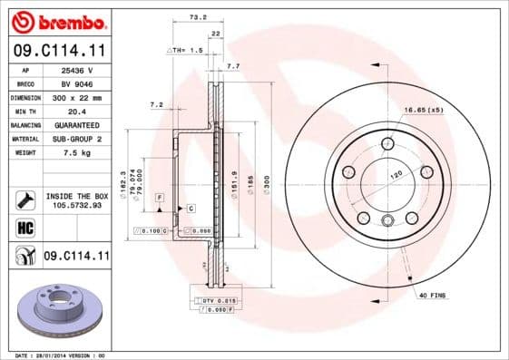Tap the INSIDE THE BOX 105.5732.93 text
pos(76,200)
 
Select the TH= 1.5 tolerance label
pos(185,50)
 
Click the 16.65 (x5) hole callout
pos(422,111)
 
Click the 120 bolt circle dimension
pos(396,172)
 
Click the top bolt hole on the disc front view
pos(387,142)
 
